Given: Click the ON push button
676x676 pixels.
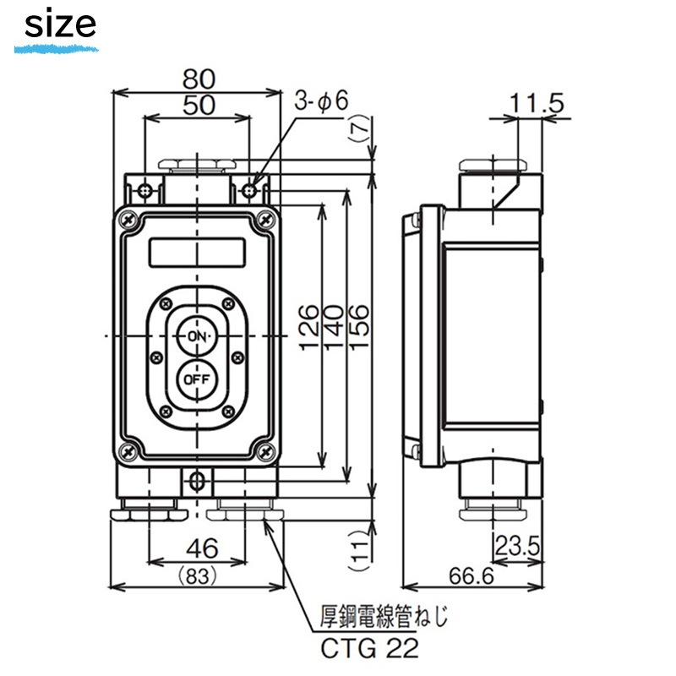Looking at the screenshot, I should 197,336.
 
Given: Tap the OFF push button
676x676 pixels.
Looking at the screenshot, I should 197,379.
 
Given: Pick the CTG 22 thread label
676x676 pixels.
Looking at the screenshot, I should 366,648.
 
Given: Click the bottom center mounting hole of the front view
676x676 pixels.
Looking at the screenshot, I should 197,482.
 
